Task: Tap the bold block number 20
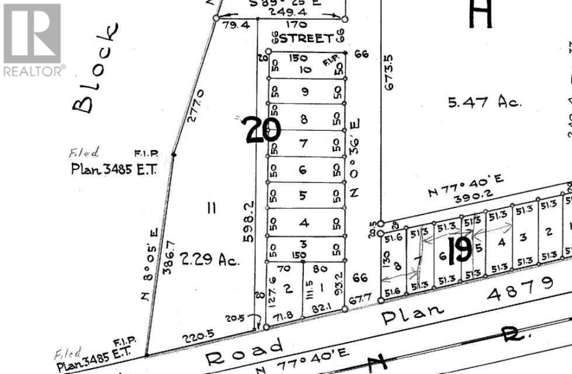point(262,130)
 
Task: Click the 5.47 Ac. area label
point(484,102)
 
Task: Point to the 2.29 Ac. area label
point(211,260)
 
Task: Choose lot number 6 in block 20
point(303,169)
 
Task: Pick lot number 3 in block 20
point(303,244)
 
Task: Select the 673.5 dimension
point(389,72)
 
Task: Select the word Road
point(245,349)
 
